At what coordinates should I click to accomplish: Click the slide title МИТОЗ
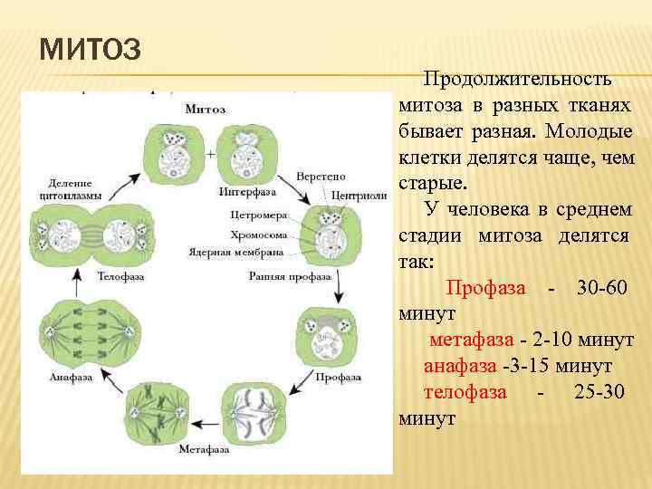(x=90, y=47)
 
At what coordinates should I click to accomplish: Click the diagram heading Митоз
(x=206, y=110)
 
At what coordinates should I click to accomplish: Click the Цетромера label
(x=258, y=216)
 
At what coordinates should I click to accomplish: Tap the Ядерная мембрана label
(x=236, y=252)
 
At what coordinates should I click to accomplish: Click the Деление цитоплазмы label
(x=70, y=187)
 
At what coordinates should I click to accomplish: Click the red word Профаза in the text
(x=487, y=288)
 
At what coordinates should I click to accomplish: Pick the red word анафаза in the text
(x=460, y=367)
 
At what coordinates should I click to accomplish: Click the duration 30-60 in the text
(x=600, y=288)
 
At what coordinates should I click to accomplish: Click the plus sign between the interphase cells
(x=210, y=155)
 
